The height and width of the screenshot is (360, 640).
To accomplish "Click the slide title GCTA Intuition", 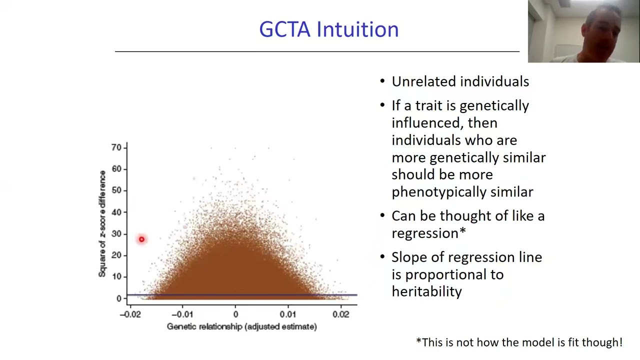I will pos(328,29).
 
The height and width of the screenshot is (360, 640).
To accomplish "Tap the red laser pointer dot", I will pos(141,239).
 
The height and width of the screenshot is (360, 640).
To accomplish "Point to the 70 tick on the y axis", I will pos(116,147).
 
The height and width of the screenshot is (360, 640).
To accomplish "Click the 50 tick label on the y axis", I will pos(116,190).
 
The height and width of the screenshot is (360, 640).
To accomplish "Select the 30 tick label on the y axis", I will pos(116,233).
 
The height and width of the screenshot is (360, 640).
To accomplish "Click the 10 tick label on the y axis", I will pos(116,276).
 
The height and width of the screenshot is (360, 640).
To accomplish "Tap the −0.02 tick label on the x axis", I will pos(130,314).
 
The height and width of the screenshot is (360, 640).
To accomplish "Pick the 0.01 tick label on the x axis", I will pos(287,314).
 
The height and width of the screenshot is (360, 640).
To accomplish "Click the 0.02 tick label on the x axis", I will pos(340,314).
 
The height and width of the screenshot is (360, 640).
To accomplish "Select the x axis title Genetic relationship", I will pos(241,326).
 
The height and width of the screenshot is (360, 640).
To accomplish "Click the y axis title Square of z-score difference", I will pos(102,223).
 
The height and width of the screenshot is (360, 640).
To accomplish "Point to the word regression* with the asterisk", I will pos(428,233).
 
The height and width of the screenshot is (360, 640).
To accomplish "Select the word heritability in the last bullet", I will pos(426,291).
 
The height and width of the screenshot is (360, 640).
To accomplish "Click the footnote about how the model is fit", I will pos(519,342).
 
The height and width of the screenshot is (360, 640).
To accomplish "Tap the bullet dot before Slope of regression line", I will pos(382,257).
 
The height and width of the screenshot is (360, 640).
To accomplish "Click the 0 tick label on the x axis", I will pos(235,314).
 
